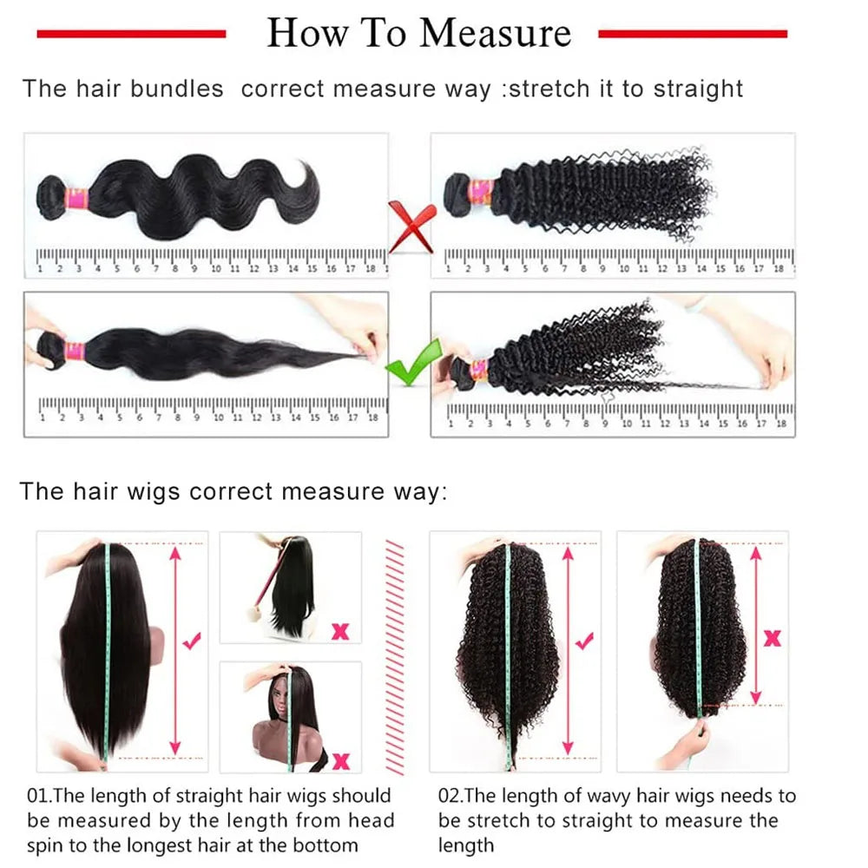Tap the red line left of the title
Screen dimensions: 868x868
[x=131, y=34]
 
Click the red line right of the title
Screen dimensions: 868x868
[x=693, y=34]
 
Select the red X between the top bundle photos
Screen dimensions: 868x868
[x=411, y=225]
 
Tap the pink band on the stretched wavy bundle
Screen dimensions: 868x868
[x=75, y=352]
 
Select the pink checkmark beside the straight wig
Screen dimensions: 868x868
[x=193, y=641]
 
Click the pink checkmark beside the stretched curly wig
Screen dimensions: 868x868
[x=586, y=641]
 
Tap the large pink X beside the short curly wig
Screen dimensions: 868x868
[x=771, y=639]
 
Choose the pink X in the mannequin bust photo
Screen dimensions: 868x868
[x=341, y=761]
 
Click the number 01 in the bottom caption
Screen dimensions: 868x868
[x=38, y=796]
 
